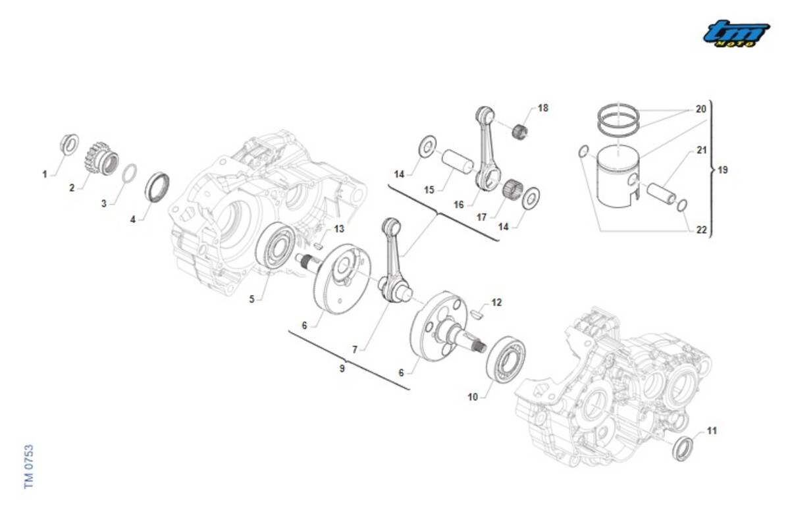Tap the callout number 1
[45, 174]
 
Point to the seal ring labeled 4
[157, 186]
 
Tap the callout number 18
[542, 108]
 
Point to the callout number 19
[723, 170]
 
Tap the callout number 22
[702, 230]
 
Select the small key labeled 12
[478, 315]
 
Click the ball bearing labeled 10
[506, 359]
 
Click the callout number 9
[342, 369]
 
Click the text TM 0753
[28, 466]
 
